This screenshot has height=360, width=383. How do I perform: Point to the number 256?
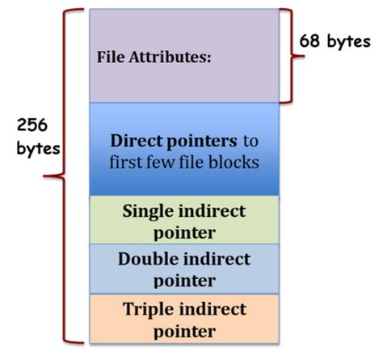32,127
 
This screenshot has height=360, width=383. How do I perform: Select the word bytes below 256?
32,150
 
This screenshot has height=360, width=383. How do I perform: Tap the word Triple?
149,308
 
